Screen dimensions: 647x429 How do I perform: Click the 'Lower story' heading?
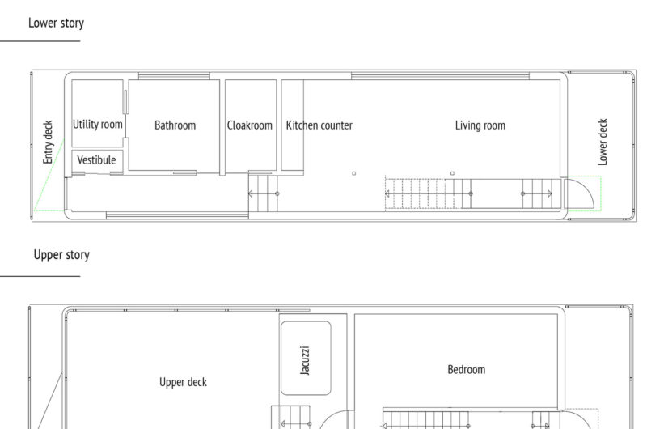[x=56, y=23]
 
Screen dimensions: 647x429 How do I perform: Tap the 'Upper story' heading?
[x=61, y=255]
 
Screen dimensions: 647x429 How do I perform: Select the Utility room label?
[x=97, y=125]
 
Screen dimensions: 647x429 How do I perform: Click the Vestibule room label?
[x=96, y=159]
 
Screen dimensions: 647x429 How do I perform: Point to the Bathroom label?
[x=175, y=125]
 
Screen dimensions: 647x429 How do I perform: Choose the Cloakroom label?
[x=250, y=125]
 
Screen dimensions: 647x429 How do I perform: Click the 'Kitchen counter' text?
[x=319, y=125]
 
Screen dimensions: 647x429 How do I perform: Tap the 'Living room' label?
[x=480, y=125]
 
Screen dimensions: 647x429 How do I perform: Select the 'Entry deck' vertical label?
[x=48, y=142]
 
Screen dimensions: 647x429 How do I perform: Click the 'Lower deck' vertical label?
[x=603, y=142]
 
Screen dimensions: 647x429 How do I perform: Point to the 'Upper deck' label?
[x=184, y=382]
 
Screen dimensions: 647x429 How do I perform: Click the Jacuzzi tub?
[x=306, y=358]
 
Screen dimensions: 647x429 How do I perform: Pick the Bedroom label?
[x=467, y=370]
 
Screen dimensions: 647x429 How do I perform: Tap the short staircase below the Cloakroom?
[x=264, y=193]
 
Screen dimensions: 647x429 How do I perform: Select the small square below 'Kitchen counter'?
[x=353, y=173]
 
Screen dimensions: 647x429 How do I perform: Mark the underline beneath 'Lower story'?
[x=40, y=41]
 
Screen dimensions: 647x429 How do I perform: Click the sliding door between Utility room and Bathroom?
[x=125, y=101]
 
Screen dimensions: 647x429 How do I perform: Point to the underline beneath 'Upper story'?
[x=40, y=276]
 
